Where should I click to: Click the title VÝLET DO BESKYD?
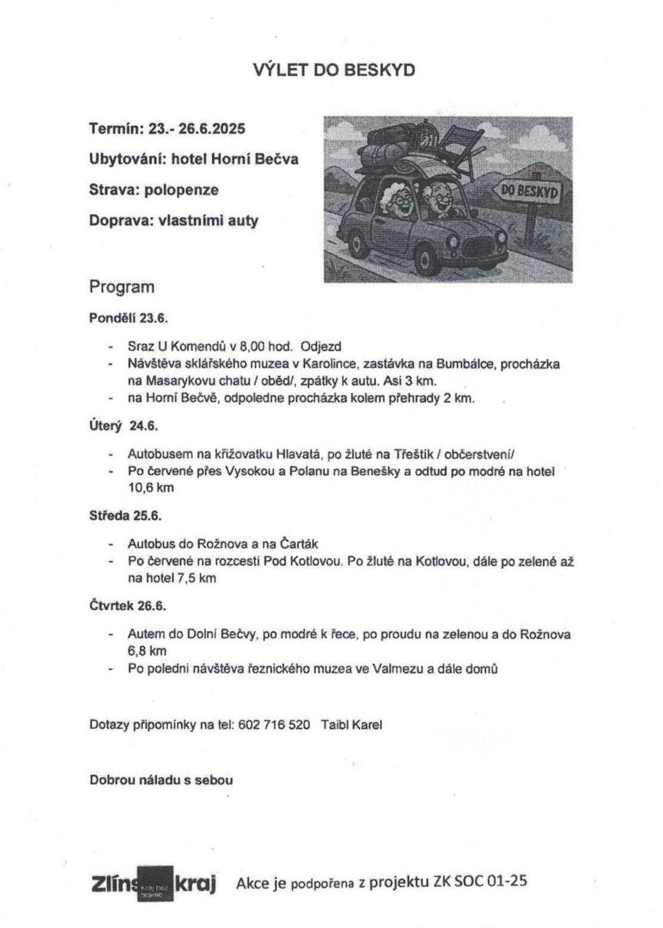334,70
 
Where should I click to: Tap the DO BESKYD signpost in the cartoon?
529,191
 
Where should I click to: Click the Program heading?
122,287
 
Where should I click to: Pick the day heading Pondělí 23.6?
129,318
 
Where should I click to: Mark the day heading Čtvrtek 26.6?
127,606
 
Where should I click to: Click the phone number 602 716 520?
274,725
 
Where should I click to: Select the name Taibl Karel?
352,725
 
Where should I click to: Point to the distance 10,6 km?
151,488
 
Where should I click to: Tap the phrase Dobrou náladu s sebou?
161,780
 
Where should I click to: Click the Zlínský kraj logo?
154,883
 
